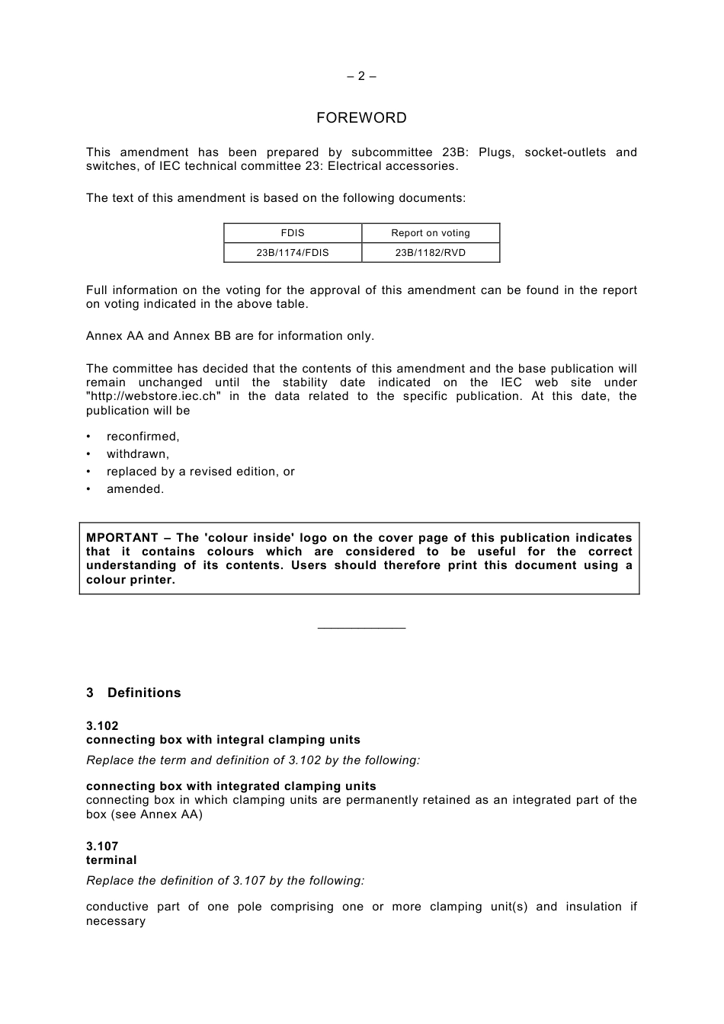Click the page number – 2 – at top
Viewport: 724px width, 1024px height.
pos(361,76)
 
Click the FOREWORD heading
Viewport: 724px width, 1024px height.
pos(361,118)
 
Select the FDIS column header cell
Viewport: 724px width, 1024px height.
pos(293,233)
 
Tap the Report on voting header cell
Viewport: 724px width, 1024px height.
pos(431,233)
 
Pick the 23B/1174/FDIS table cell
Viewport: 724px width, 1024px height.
pos(293,253)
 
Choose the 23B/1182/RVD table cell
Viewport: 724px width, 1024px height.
pos(431,253)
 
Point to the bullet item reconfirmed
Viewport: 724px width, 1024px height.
pos(143,437)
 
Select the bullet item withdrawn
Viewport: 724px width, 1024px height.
pos(138,454)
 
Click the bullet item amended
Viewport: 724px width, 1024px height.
pos(136,489)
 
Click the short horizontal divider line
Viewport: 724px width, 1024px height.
pos(361,629)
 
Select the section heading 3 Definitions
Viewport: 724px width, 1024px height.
pos(134,693)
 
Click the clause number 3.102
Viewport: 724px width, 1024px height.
pos(102,726)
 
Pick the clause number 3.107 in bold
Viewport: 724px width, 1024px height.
pos(102,846)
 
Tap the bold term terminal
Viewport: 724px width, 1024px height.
pos(111,860)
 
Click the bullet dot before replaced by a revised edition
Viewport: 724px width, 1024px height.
pos(88,472)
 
